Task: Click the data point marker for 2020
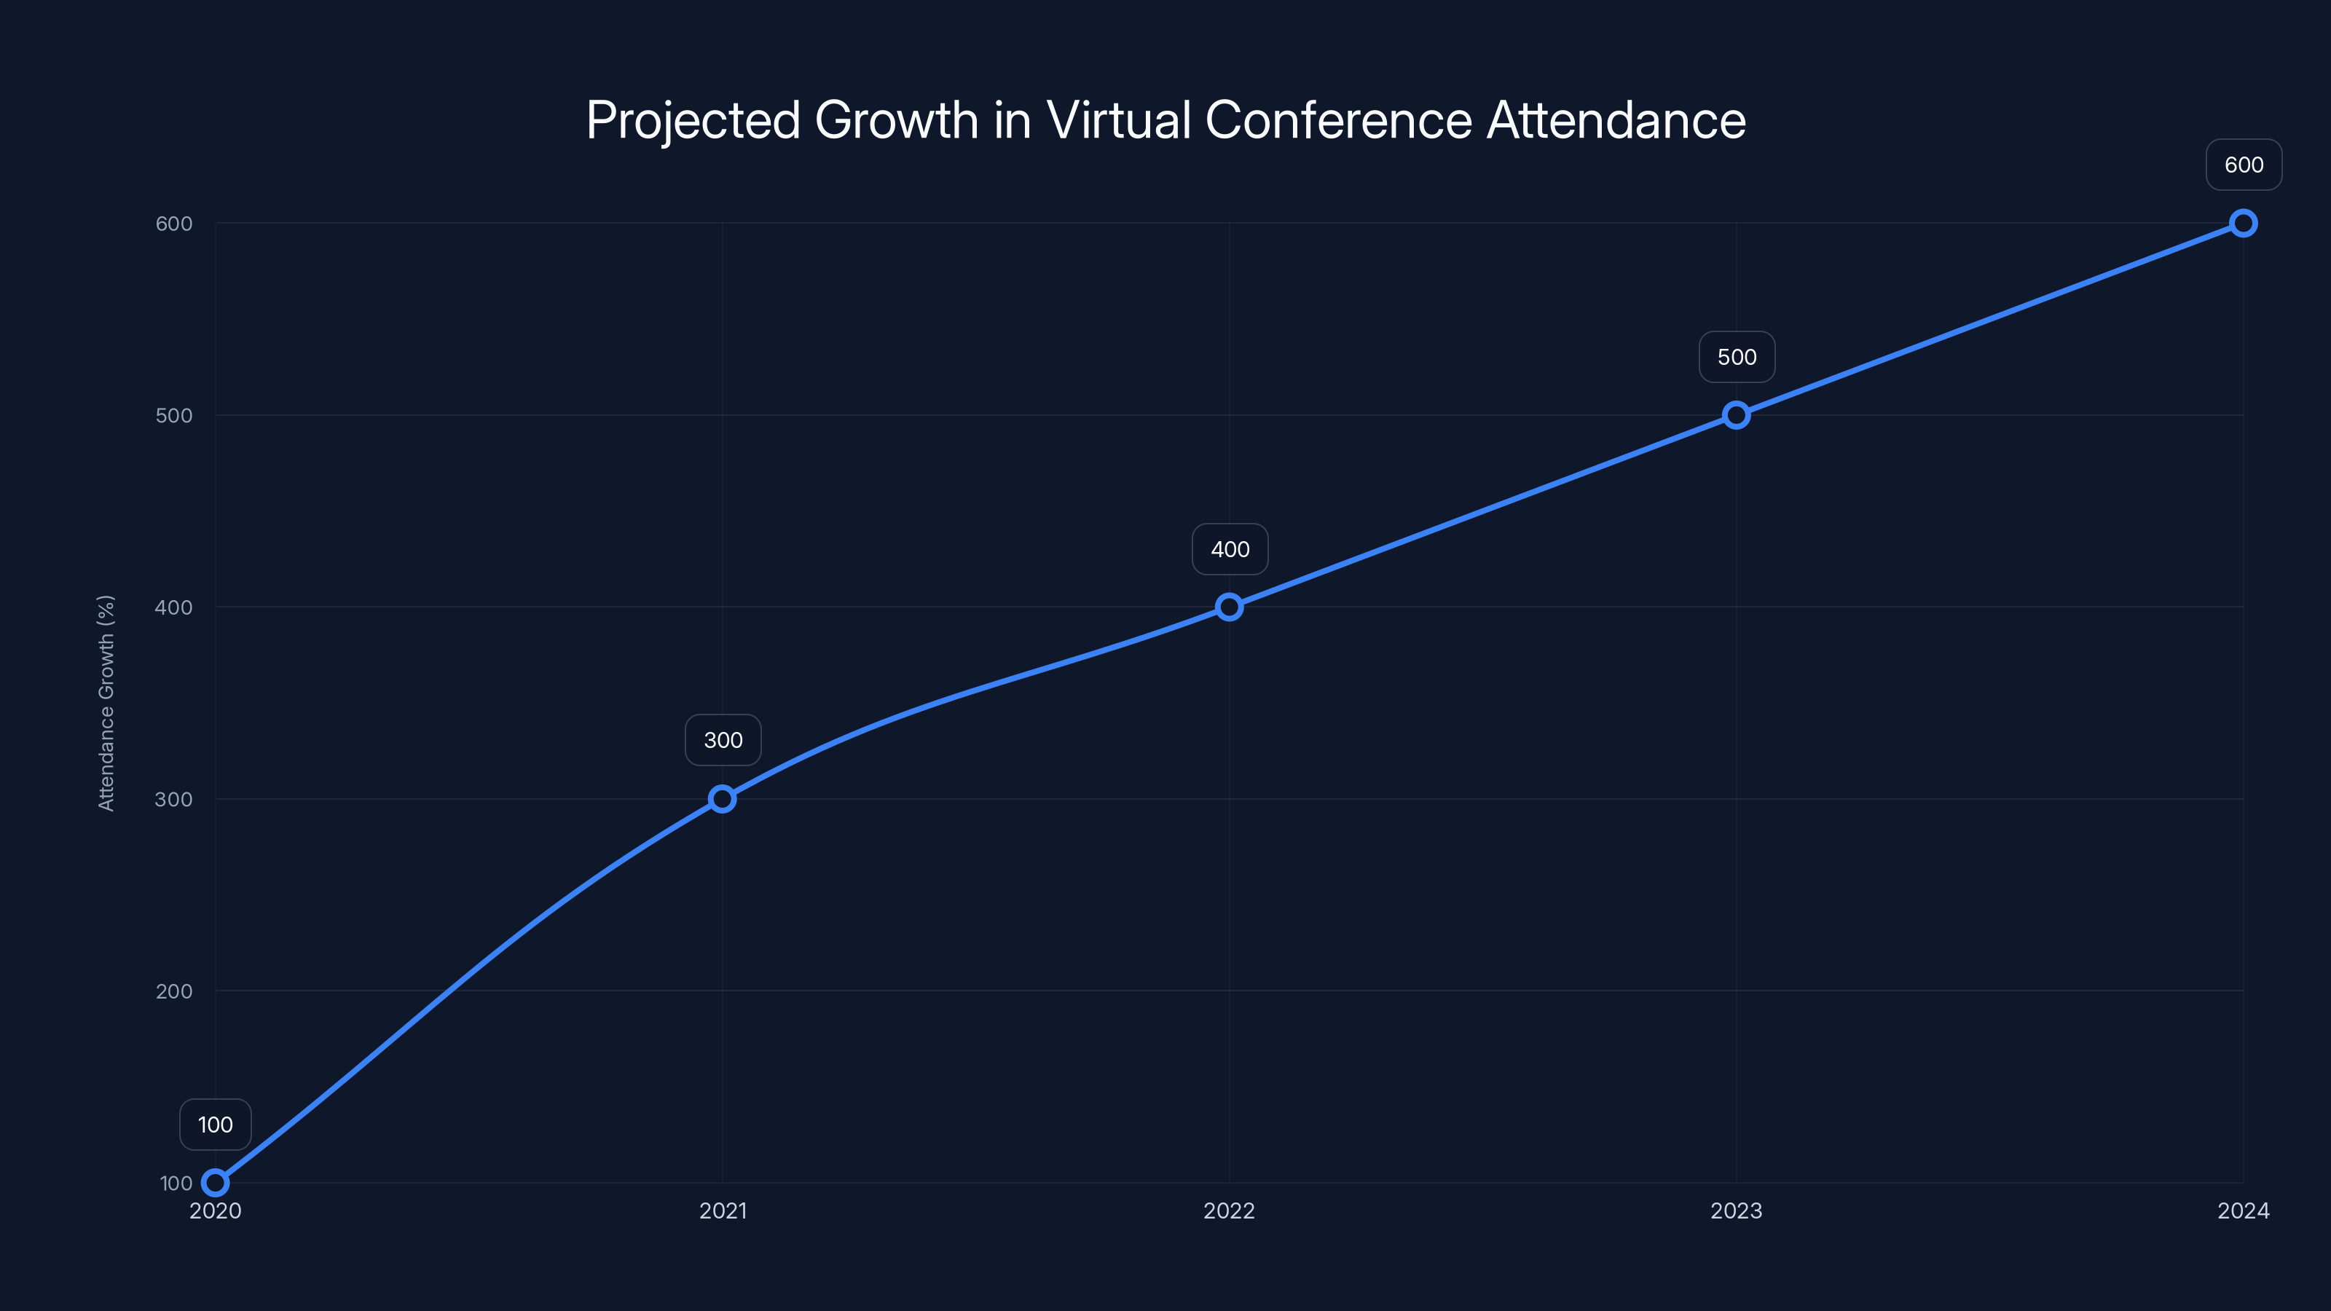point(216,1183)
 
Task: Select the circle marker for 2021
point(722,799)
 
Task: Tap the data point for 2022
point(1229,607)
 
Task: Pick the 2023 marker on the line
point(1736,415)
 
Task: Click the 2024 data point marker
point(2244,224)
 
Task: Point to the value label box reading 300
point(723,740)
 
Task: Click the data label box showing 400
point(1230,549)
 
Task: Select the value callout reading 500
point(1737,358)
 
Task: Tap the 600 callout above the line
point(2244,165)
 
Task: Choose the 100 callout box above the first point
point(216,1125)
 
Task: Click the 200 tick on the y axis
point(174,991)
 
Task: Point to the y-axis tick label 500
point(174,415)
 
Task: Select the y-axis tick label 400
point(174,607)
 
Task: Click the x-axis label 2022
point(1229,1210)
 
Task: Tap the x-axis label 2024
point(2244,1210)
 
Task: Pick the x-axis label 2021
point(723,1210)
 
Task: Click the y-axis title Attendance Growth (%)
point(106,703)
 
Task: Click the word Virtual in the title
point(1118,119)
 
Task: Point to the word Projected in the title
point(693,121)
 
